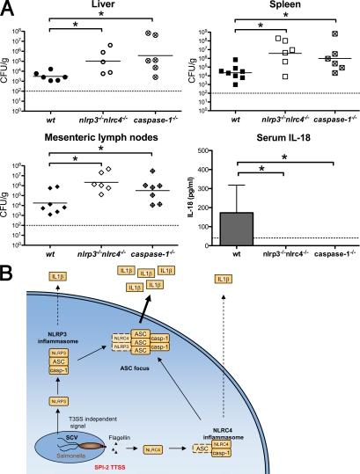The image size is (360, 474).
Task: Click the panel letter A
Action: pos(9,9)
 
